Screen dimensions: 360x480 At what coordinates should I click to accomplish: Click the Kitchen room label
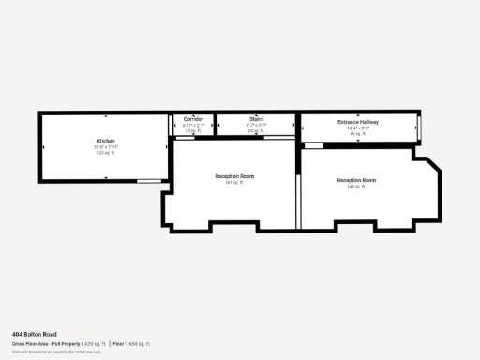105,141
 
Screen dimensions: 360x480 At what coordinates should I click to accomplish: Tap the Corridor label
193,120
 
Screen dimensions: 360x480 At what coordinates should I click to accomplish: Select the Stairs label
256,120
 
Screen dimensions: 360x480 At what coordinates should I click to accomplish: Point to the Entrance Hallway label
357,123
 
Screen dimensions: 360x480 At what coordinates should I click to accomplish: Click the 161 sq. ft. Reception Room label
234,176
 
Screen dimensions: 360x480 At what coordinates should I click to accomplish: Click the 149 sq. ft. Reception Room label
356,180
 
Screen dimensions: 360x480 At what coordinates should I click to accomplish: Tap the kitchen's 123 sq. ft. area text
105,152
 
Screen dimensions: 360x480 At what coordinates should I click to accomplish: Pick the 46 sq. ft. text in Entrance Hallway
357,134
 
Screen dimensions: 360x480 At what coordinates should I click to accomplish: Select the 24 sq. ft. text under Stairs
256,131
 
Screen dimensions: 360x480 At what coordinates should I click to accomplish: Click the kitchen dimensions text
105,146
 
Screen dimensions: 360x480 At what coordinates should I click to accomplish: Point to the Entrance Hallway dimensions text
357,128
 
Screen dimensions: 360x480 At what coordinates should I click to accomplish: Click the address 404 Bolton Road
34,334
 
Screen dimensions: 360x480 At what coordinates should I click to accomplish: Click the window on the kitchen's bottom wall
148,180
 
